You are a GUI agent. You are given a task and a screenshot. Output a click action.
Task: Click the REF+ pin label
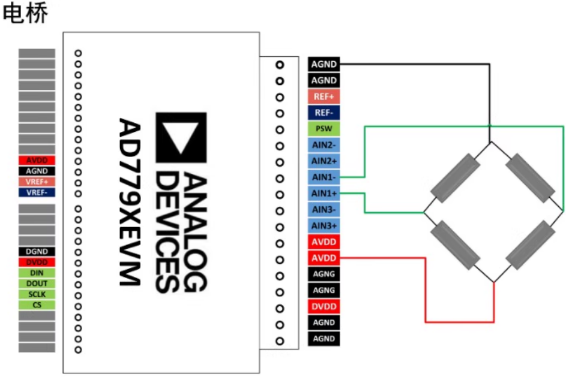[x=324, y=96]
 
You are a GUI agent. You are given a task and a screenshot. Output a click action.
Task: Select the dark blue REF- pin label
[x=324, y=113]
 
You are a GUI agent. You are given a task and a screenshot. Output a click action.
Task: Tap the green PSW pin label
[x=324, y=129]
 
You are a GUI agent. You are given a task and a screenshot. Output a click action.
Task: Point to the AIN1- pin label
[x=324, y=177]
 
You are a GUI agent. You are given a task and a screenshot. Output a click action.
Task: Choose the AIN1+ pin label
[x=324, y=194]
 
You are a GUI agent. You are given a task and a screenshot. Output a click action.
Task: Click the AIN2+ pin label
[x=324, y=161]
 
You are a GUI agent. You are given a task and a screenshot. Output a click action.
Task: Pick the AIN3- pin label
[x=324, y=210]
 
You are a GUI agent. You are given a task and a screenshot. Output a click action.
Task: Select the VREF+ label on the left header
[x=37, y=182]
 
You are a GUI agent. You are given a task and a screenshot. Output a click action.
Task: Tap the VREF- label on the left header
[x=37, y=192]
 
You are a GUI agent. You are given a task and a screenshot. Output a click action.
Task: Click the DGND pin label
[x=37, y=252]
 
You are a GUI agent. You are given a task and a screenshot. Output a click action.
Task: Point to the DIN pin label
[x=37, y=273]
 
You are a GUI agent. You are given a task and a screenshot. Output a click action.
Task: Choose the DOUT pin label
[x=37, y=283]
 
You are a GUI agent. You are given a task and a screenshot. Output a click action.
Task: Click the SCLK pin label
[x=37, y=294]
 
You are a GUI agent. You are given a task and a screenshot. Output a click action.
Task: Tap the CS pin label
[x=37, y=305]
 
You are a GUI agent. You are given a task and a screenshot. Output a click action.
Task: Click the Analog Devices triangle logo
[x=181, y=137]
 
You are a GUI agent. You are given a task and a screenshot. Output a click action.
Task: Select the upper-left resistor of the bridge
[x=457, y=177]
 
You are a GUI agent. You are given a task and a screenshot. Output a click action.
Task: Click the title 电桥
[x=25, y=14]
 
